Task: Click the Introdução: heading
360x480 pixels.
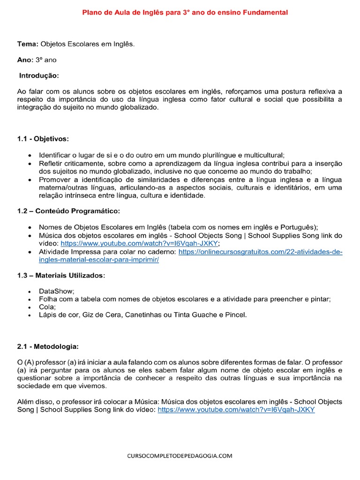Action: (x=39, y=75)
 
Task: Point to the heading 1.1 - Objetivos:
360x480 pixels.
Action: (x=43, y=139)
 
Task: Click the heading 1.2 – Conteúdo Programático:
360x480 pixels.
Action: (x=69, y=211)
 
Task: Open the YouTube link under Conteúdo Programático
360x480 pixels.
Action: (x=140, y=244)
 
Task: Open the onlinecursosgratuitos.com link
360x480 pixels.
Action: (x=261, y=252)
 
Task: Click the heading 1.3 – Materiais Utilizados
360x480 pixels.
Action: (x=61, y=276)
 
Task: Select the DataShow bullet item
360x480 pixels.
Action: (x=56, y=291)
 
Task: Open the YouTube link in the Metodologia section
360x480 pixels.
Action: (x=236, y=409)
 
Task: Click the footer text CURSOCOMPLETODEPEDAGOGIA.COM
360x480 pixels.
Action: (x=180, y=456)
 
